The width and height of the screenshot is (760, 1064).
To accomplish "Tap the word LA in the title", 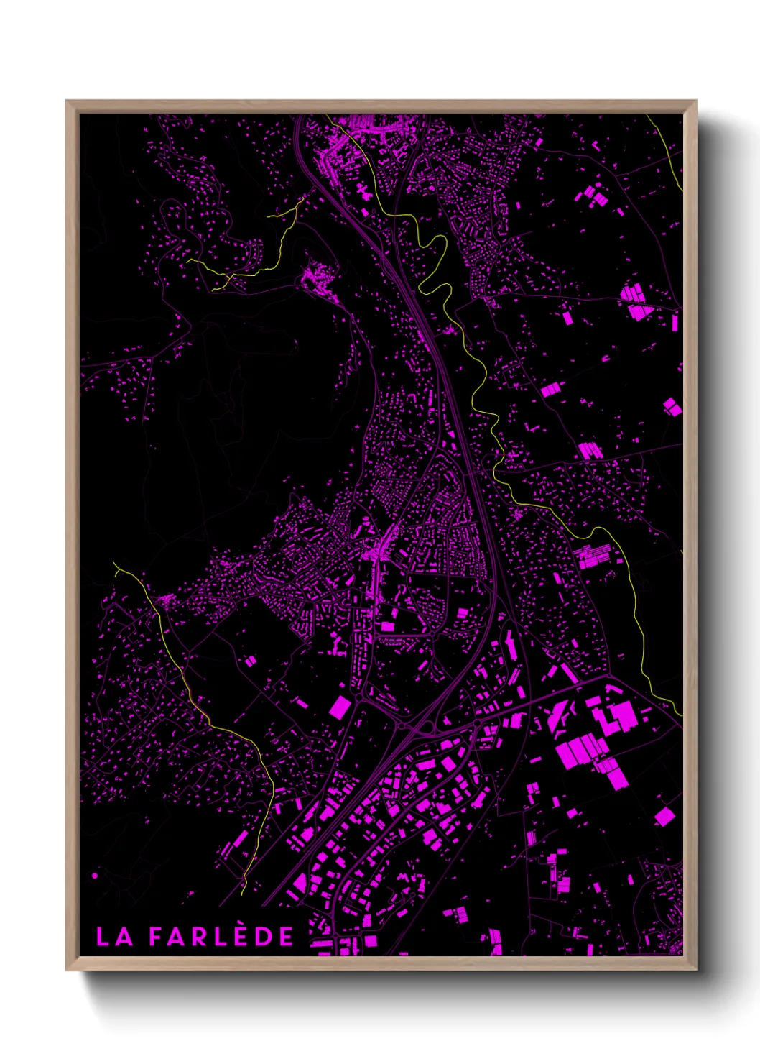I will click(114, 937).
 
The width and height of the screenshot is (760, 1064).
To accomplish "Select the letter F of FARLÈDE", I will click(156, 937).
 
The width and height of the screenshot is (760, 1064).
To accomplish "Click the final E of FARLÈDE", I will click(286, 937).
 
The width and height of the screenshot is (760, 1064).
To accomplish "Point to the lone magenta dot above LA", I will click(95, 876).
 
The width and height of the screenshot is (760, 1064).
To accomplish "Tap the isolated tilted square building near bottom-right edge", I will click(664, 817).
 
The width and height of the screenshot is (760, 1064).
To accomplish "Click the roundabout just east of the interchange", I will click(477, 722).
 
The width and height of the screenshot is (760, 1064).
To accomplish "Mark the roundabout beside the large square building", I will click(359, 697).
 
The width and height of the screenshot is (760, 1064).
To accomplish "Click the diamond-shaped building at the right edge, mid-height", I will click(672, 407).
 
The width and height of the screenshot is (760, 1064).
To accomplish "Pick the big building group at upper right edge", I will click(635, 303).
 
